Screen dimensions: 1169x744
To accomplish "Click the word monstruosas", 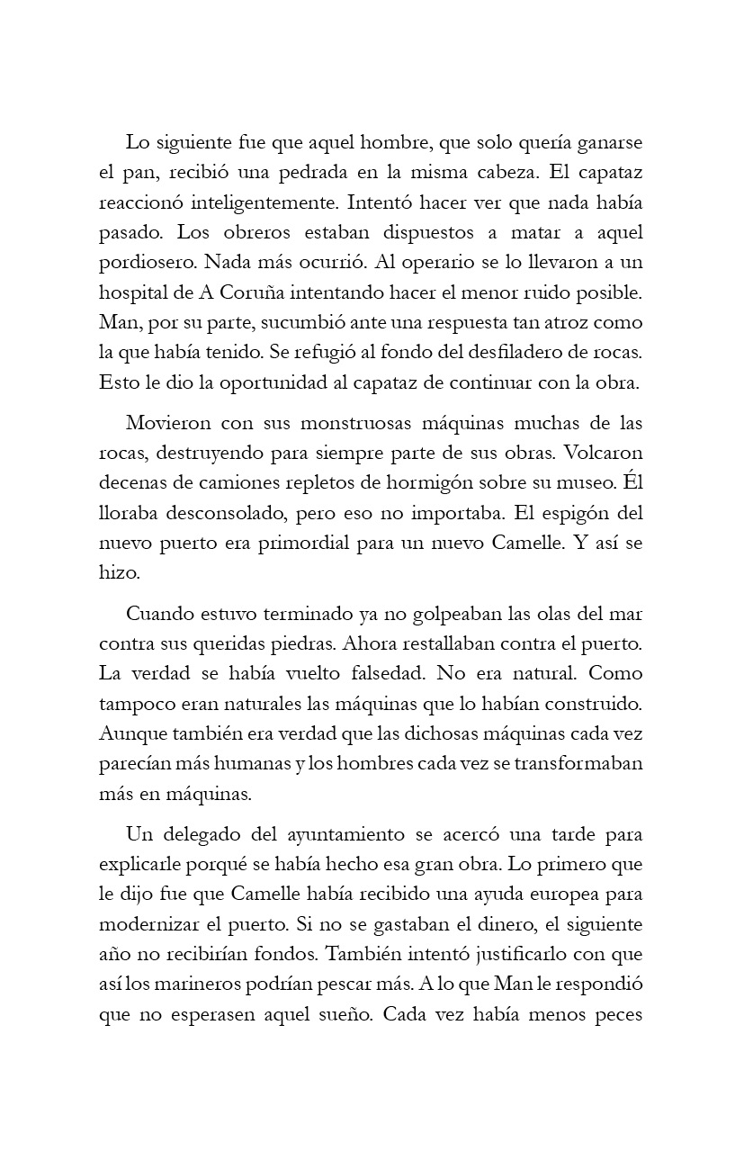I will pos(339,423).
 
